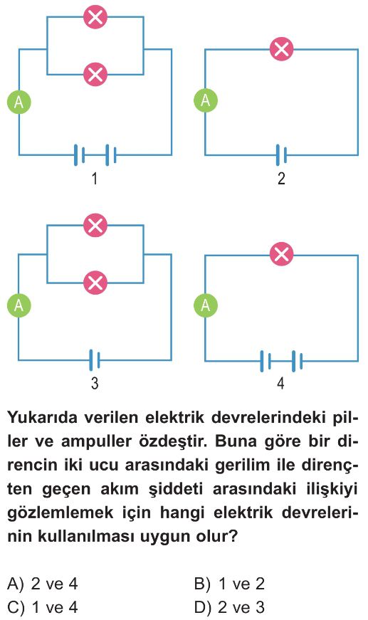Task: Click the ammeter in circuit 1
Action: (x=19, y=102)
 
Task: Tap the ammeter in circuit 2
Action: (x=206, y=100)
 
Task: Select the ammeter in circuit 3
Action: (x=19, y=305)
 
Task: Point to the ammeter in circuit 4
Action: (x=206, y=305)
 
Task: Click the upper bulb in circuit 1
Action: (x=95, y=17)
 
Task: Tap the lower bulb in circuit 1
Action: (x=95, y=74)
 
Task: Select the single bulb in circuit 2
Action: (x=281, y=49)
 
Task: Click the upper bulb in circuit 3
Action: (x=95, y=225)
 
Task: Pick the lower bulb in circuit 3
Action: (x=95, y=283)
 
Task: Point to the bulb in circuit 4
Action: (x=281, y=254)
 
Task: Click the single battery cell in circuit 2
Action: (x=281, y=154)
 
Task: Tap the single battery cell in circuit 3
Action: (x=95, y=359)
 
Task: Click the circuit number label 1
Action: (x=95, y=179)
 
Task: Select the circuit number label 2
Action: (x=281, y=179)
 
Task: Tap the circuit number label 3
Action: (x=95, y=383)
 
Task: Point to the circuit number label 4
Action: (x=280, y=383)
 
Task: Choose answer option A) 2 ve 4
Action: (x=43, y=584)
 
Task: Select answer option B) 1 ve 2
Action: (x=229, y=584)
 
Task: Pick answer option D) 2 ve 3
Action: (x=229, y=607)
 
